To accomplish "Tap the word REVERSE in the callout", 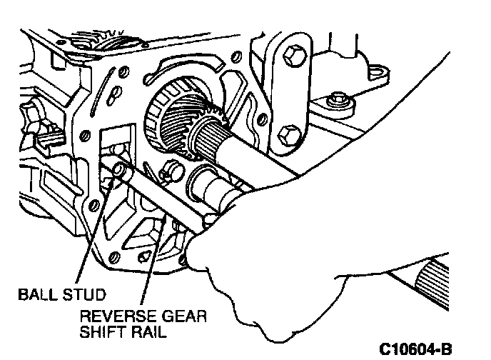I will click(112, 316).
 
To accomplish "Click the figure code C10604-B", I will click(415, 349).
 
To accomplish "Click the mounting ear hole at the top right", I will click(375, 72).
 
